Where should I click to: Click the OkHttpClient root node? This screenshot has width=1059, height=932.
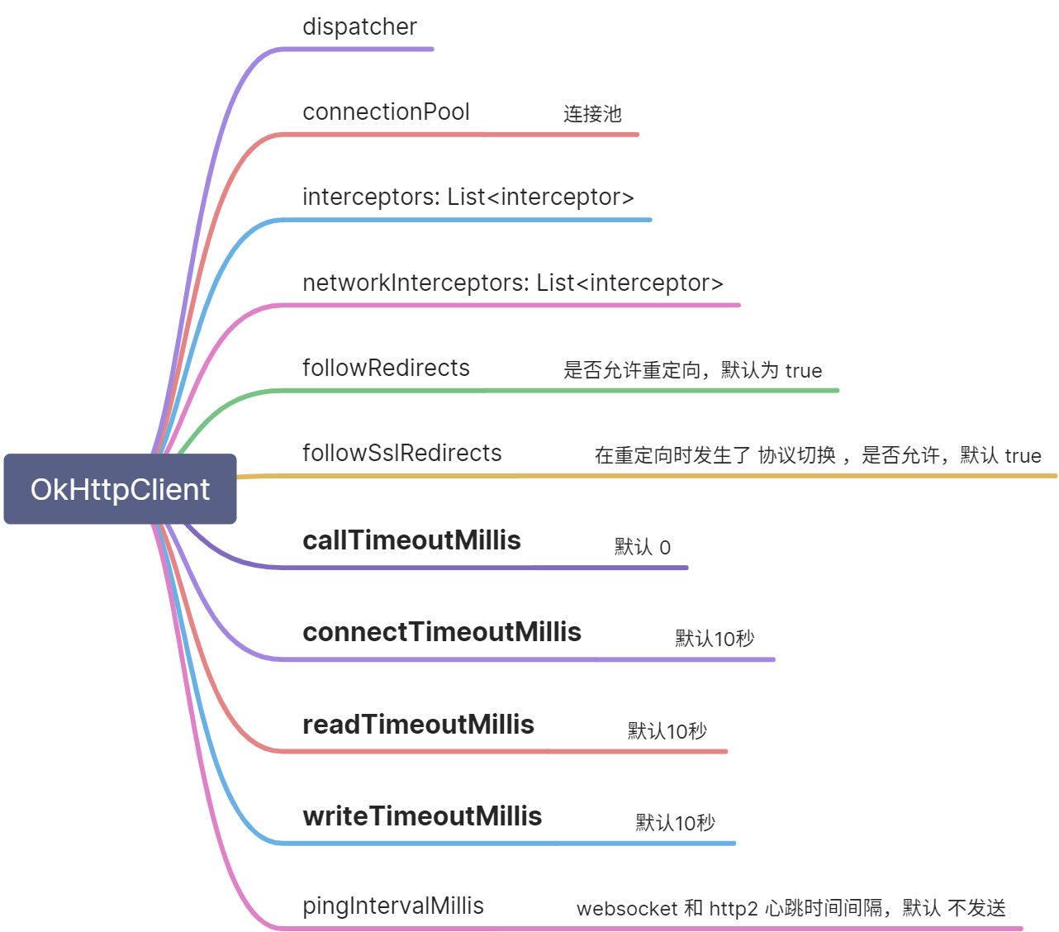120,489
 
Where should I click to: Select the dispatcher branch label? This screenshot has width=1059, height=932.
359,26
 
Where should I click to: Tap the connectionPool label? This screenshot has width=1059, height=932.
386,112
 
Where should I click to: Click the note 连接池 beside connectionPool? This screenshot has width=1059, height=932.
592,114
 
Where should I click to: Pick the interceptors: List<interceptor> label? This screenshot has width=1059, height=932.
468,197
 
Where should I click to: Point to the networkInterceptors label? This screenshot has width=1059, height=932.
512,283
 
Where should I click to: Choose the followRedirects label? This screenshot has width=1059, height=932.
386,368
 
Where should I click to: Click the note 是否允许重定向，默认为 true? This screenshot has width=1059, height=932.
692,370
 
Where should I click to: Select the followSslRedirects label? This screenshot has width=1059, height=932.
401,453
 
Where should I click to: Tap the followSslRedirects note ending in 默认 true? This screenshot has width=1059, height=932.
817,455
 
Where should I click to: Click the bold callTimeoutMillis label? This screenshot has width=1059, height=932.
411,540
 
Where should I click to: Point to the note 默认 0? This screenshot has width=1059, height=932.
642,547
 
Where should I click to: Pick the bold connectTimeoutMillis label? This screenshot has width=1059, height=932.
442,632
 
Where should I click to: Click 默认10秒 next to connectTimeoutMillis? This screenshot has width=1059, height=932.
715,639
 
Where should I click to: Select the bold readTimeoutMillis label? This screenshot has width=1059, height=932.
418,725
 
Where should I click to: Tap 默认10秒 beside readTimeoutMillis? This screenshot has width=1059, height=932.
667,731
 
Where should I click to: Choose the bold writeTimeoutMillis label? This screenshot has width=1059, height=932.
422,816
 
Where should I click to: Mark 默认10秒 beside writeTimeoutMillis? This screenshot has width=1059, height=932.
675,823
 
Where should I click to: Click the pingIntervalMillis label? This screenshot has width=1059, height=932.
392,906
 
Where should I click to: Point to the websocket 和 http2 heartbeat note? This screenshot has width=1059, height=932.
791,909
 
